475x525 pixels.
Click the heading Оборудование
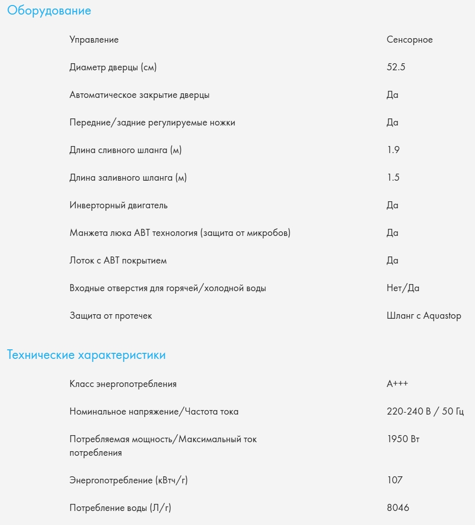point(49,11)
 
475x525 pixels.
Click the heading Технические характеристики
point(86,355)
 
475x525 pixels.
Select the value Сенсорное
point(409,40)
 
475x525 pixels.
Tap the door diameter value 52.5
point(396,67)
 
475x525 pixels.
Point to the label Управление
point(94,40)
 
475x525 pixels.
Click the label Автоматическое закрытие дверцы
point(140,95)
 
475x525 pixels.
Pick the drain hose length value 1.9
point(393,150)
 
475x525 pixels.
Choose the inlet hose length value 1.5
point(393,178)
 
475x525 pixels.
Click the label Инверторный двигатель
point(118,205)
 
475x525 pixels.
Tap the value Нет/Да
point(403,288)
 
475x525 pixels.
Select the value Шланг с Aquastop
point(424,316)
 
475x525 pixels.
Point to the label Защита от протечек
point(110,316)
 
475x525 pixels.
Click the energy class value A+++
point(397,384)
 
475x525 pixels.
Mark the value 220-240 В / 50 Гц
point(425,412)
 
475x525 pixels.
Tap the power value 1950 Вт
point(403,439)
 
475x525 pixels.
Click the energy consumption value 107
point(395,480)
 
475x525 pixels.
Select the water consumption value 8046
point(398,508)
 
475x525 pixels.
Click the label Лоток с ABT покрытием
point(118,260)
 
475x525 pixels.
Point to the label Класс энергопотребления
point(123,384)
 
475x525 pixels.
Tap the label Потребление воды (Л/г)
point(120,508)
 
